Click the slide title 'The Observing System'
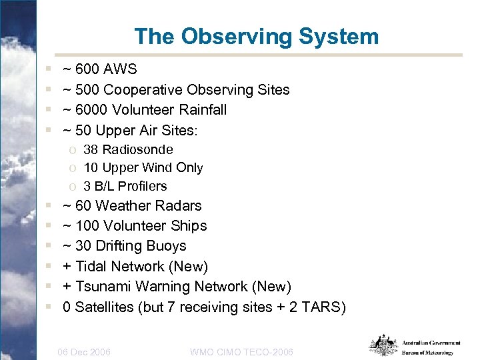click(x=256, y=36)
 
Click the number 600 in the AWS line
click(x=87, y=69)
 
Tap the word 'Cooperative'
click(x=142, y=89)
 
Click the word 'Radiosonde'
click(x=137, y=149)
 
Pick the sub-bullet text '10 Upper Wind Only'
click(x=143, y=167)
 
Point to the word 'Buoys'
click(x=167, y=246)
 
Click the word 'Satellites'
click(x=105, y=307)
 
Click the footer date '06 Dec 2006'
click(x=85, y=351)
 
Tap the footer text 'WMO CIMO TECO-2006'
click(x=241, y=351)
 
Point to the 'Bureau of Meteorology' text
click(x=427, y=353)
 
